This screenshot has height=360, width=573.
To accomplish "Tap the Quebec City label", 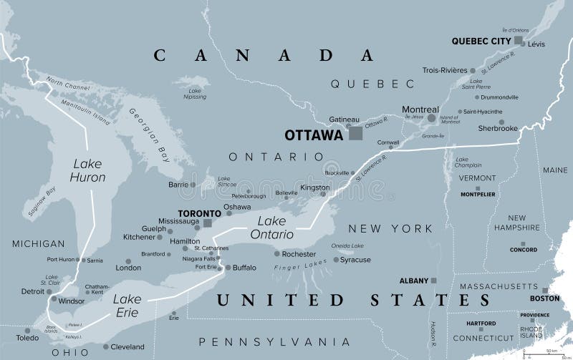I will (481, 41).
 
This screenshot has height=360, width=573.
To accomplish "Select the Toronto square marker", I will (208, 223).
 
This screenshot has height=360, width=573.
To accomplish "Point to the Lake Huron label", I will (88, 170).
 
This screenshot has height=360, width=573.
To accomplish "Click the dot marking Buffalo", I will (228, 268).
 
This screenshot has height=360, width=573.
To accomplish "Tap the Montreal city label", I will (420, 110).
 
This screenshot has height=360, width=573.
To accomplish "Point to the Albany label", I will (413, 281).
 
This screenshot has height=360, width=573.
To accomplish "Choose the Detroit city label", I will (32, 291).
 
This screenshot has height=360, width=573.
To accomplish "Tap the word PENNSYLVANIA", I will (274, 341).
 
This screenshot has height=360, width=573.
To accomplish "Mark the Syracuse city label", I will (356, 260).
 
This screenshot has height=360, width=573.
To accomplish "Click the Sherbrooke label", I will (498, 128).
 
